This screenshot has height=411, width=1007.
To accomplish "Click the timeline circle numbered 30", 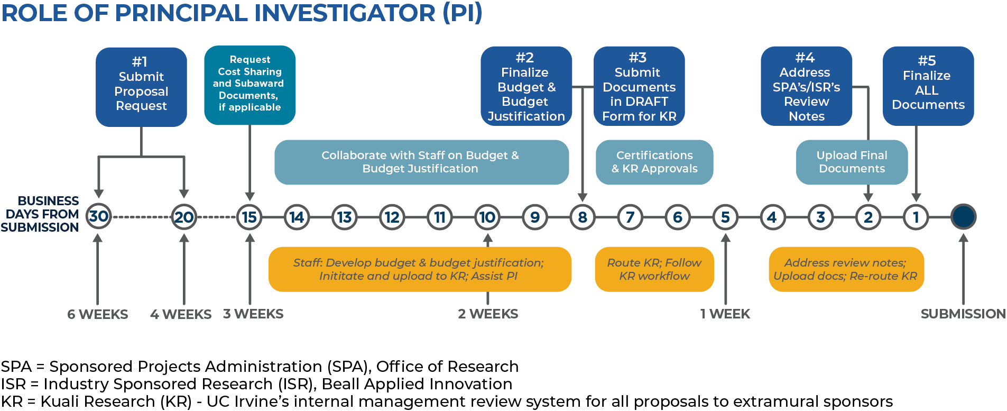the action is [98, 216].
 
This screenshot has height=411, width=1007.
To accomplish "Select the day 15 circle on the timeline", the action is [250, 217].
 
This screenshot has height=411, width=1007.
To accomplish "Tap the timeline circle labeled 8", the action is [583, 217].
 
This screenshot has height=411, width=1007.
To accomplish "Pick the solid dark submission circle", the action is [963, 217].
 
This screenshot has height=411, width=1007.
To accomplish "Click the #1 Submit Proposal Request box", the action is [141, 87].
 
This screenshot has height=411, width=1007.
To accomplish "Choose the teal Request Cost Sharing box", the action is [250, 85].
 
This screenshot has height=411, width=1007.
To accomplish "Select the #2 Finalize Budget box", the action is [526, 86].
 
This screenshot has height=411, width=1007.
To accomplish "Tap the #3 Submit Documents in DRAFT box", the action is [639, 86].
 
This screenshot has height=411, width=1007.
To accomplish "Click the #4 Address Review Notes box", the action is [806, 86].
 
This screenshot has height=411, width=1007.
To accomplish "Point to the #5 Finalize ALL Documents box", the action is [928, 86].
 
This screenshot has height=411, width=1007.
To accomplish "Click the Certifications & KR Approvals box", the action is [654, 162].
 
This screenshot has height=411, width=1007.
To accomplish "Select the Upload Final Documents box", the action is [852, 162].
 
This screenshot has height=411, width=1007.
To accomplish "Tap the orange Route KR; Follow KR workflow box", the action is [654, 269].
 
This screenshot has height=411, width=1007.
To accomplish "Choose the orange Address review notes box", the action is [846, 269].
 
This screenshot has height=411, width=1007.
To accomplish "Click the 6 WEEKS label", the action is [98, 314].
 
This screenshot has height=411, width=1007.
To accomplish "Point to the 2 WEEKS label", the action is [488, 314].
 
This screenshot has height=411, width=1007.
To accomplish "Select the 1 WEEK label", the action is [725, 314].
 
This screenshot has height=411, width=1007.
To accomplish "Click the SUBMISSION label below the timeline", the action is [963, 314].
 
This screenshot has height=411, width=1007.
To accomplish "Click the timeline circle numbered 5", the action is [725, 217].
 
